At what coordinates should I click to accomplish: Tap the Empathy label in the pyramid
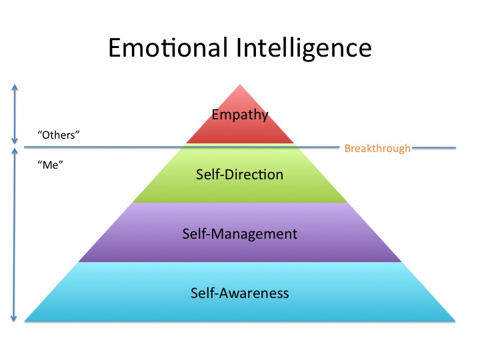[240, 115]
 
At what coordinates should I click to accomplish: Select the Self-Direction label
[240, 175]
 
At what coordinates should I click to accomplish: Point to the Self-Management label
[240, 234]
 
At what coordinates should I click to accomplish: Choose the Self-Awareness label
[240, 293]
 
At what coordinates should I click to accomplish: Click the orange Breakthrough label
[377, 148]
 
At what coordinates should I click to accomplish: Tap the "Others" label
[59, 134]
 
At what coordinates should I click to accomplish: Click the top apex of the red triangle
[240, 84]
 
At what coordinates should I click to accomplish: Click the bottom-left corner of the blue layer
[25, 321]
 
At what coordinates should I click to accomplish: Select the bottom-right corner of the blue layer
[455, 321]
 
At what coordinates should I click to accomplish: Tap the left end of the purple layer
[79, 261]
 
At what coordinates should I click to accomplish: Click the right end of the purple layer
[401, 261]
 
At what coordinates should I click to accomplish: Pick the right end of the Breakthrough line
[455, 147]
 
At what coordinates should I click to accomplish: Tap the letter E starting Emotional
[115, 50]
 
